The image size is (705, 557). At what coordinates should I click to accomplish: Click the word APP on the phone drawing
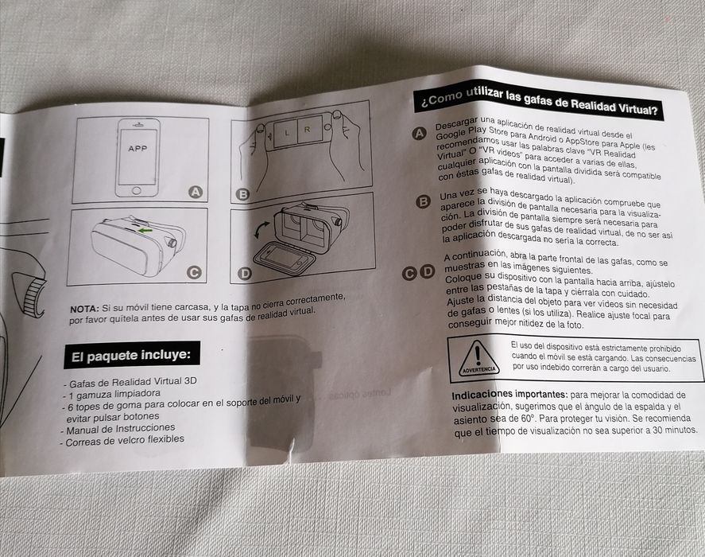click(138, 148)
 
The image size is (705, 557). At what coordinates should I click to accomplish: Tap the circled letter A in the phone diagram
click(196, 193)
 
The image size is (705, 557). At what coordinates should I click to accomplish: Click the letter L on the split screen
click(287, 133)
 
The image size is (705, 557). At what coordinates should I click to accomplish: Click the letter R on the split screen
click(308, 130)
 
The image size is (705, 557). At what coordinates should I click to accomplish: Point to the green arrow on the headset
click(145, 231)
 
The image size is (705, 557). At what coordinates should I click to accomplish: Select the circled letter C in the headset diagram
click(194, 272)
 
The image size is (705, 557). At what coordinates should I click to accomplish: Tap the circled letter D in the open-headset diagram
click(245, 273)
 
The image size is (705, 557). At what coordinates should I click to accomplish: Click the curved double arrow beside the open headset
click(262, 230)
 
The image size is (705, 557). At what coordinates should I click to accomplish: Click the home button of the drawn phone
click(137, 191)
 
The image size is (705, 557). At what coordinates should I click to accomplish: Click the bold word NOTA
click(84, 310)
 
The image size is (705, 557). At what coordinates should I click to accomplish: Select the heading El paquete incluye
click(131, 356)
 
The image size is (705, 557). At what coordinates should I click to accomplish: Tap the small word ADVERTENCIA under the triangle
click(479, 370)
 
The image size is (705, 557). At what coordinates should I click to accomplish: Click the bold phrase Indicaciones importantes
click(509, 395)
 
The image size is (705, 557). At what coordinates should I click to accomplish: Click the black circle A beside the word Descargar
click(420, 134)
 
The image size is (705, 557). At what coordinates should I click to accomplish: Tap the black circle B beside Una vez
click(423, 201)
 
